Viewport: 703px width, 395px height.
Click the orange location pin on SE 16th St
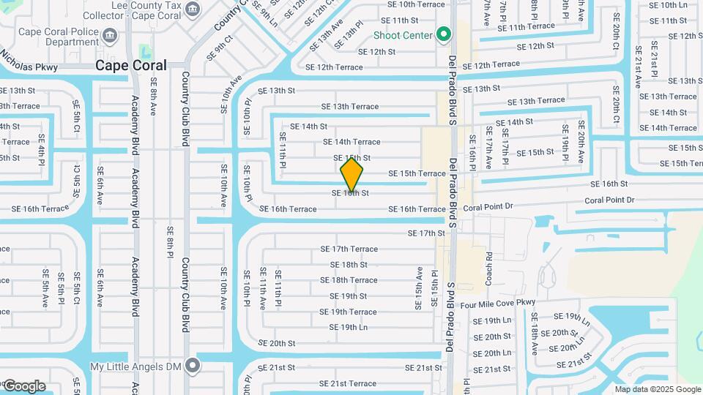point(351,174)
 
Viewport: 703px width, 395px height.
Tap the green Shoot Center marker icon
point(443,34)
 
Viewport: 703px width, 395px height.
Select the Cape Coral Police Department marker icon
point(109,35)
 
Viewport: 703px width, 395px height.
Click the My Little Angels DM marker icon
point(193,364)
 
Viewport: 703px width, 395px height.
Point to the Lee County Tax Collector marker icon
point(193,9)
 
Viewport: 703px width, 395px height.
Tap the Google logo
point(24,385)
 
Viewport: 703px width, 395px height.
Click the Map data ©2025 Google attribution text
point(657,389)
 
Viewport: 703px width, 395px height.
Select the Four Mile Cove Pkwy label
point(497,302)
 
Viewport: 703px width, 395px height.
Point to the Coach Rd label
point(488,269)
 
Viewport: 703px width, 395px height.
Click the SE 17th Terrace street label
point(349,249)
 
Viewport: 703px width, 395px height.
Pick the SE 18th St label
point(349,265)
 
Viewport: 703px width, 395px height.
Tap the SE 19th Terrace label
point(349,312)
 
